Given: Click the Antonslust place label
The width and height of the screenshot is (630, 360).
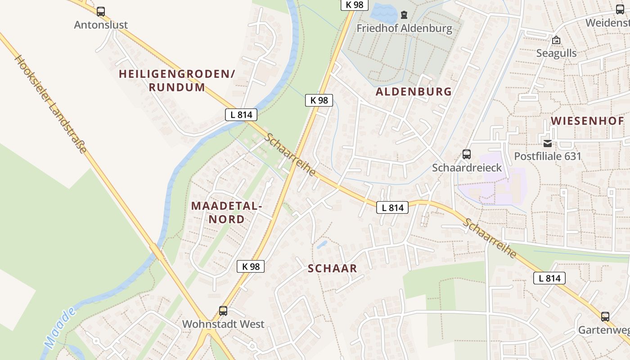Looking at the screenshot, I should (101, 25).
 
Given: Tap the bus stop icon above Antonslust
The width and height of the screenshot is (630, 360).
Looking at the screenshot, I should (101, 12).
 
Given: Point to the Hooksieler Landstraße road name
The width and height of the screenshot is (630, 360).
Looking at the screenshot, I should (50, 104).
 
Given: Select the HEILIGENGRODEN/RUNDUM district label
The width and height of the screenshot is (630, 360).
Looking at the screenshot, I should (177, 81).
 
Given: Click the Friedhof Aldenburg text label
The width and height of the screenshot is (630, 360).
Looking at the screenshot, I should (404, 28).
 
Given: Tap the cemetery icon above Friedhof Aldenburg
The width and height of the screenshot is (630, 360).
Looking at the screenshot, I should (404, 15).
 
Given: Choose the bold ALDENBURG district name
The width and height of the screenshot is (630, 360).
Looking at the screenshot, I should (414, 92).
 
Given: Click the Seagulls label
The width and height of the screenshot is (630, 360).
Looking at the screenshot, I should (556, 53).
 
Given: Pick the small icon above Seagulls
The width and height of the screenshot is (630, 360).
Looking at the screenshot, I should (556, 40).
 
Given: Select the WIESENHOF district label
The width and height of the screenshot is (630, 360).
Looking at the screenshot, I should (587, 121).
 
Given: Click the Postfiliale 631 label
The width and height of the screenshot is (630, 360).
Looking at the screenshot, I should (548, 157).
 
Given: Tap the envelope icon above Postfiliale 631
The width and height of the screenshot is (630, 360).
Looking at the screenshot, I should (548, 144).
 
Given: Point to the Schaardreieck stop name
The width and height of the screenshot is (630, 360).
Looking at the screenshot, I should (467, 167).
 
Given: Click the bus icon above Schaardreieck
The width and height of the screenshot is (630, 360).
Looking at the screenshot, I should (467, 154).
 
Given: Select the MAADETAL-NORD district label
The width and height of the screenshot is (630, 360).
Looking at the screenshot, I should (226, 212).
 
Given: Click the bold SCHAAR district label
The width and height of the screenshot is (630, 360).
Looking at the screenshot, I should (332, 269).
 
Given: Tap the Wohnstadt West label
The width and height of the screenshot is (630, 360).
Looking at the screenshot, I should (223, 324).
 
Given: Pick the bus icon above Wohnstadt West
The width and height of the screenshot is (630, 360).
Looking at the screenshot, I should (223, 310).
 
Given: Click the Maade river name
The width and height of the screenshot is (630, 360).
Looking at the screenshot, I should (60, 328).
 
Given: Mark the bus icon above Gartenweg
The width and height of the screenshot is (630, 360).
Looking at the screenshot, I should (605, 317).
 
